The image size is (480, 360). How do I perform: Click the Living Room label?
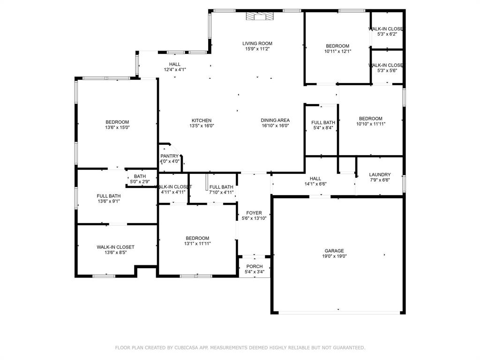[x=257, y=44]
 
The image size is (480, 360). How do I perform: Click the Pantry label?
[x=169, y=156]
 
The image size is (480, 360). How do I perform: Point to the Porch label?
[x=255, y=266]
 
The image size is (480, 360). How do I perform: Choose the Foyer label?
[x=254, y=213]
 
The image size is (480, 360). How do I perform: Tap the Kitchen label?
[x=202, y=120]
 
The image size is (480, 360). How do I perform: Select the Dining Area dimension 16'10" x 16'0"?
[x=275, y=126]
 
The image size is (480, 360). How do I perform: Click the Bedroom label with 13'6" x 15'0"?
[x=117, y=122]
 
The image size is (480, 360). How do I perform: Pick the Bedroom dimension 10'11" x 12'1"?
[x=337, y=52]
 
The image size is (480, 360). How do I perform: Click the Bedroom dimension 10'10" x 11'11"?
[x=370, y=124]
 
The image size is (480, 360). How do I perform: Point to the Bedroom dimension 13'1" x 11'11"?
[x=197, y=244]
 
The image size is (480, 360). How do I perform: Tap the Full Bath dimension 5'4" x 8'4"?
[x=323, y=128]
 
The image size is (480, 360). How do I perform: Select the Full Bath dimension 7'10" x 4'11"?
[x=221, y=192]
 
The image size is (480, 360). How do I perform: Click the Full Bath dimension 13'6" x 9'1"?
[x=109, y=202]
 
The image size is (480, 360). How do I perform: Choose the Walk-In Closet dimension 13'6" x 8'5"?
[x=116, y=252]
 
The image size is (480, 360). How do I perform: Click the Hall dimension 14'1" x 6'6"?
[x=315, y=184]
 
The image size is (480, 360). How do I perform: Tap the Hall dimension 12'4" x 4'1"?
[x=175, y=70]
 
